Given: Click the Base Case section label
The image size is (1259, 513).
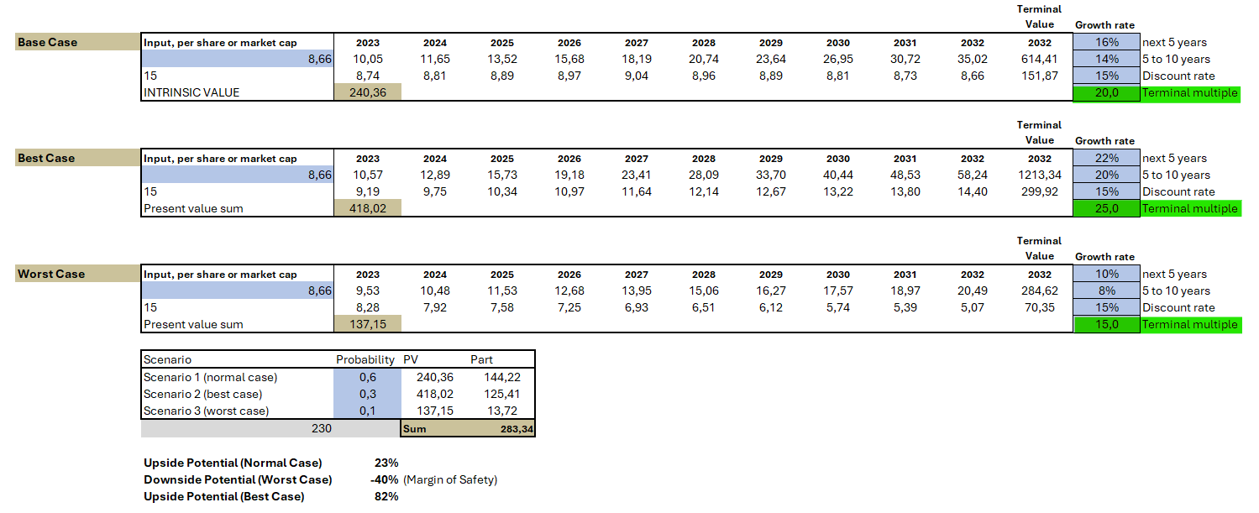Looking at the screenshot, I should [48, 42].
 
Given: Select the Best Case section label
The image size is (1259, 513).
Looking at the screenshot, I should [46, 158].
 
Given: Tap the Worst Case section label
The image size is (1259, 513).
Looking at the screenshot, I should [51, 274].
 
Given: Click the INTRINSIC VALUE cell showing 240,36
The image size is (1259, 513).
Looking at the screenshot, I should [368, 92].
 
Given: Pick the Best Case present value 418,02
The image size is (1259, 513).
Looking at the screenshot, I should [368, 208].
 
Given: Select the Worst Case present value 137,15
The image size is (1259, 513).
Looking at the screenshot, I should [368, 324].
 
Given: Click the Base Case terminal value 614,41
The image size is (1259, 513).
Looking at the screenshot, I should [1039, 59].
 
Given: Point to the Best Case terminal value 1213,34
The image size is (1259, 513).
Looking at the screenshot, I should [1039, 175].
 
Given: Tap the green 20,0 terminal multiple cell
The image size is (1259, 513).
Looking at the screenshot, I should [1107, 92].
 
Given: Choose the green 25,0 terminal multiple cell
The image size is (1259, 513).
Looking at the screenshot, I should [1107, 208].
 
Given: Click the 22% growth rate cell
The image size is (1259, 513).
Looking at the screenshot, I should [1107, 158].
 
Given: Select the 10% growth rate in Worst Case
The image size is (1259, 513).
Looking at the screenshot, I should [1107, 274].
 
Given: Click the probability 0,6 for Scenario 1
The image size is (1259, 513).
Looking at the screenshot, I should [367, 377].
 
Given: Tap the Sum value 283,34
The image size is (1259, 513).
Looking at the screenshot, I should [503, 429].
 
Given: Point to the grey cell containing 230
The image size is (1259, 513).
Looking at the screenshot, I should [322, 428].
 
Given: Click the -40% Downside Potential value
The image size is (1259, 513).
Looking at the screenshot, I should [386, 479].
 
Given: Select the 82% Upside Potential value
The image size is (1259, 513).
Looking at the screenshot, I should [387, 496].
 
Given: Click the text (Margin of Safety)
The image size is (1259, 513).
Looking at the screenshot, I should [450, 479].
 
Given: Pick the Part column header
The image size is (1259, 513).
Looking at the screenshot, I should [481, 359].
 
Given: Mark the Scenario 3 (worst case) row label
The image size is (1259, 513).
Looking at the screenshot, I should [206, 411].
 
